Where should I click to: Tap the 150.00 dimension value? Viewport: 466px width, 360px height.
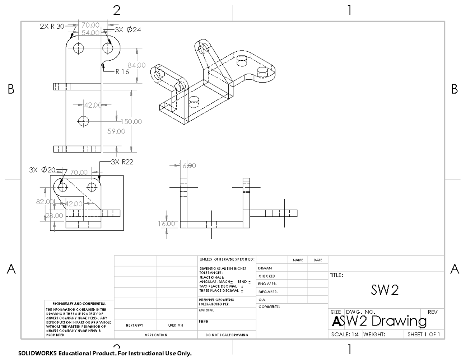pos(133,122)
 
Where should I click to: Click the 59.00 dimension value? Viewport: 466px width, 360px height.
pos(116,131)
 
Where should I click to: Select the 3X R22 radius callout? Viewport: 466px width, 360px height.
pos(122,162)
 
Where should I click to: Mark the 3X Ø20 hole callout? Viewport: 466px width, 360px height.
pos(43,170)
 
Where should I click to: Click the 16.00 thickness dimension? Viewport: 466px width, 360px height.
pos(167,224)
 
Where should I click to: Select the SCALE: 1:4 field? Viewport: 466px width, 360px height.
pos(344,334)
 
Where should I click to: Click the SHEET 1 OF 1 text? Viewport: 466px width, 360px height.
pos(423,334)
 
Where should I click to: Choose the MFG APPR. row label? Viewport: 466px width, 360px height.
pos(267,292)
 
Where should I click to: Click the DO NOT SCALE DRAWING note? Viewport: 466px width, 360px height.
pos(227,334)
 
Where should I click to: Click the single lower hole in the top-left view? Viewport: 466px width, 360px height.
pos(83,121)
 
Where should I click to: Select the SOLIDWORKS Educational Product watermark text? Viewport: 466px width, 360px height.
pos(104,354)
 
